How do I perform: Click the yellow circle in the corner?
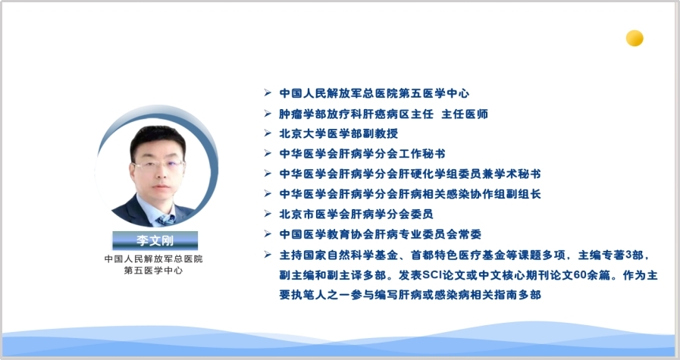(x=635, y=38)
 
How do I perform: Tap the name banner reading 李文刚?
(x=155, y=240)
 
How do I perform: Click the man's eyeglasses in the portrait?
(x=158, y=165)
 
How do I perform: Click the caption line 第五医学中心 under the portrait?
(x=153, y=271)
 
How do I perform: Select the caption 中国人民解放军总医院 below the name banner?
(x=154, y=259)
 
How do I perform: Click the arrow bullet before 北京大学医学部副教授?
(x=268, y=133)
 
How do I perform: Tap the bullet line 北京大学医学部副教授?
(x=338, y=133)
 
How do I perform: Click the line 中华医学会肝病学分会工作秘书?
(x=362, y=154)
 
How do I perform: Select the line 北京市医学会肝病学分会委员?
(x=356, y=214)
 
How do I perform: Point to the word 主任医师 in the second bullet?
(x=465, y=114)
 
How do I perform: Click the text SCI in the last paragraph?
(x=431, y=275)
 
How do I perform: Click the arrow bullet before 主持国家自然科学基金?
(x=268, y=254)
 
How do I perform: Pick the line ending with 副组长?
(x=410, y=194)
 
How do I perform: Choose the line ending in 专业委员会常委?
(x=380, y=234)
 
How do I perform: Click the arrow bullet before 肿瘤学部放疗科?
(x=268, y=114)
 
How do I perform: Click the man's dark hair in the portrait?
(x=158, y=138)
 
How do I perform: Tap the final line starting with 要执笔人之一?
(x=410, y=295)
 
